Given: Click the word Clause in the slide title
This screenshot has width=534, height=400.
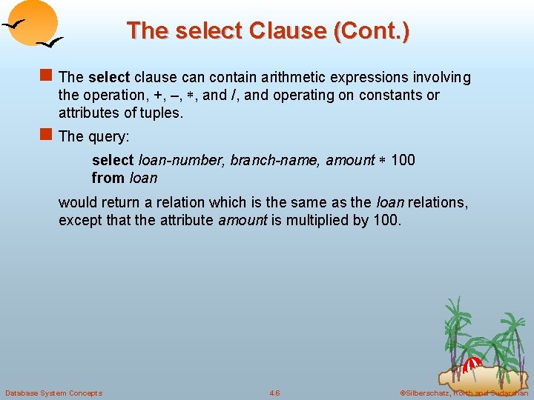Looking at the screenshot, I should tap(289, 31).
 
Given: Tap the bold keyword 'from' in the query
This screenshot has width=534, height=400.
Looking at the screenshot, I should tap(108, 179).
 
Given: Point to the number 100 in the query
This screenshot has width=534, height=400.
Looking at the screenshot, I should tap(403, 161).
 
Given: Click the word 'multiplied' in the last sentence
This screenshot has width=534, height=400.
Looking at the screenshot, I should tap(323, 221).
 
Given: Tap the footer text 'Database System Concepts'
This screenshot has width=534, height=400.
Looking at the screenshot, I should tap(53, 393).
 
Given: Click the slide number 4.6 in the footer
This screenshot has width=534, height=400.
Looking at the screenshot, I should tap(274, 393).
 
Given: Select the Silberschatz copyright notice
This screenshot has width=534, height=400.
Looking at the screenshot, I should tap(463, 393).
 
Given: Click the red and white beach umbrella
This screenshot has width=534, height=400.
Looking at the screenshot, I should tap(472, 365).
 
